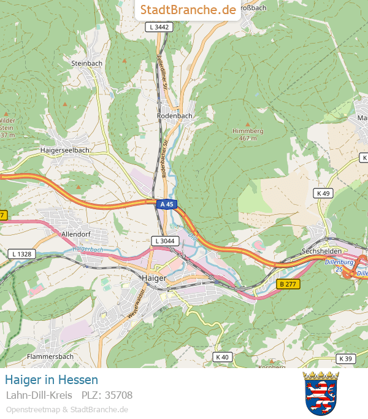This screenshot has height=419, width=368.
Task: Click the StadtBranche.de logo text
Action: click(x=188, y=10)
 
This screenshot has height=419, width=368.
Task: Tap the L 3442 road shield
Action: click(x=158, y=28)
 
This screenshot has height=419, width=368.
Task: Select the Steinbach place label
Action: click(x=86, y=63)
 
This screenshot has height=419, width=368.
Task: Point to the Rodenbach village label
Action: click(x=175, y=115)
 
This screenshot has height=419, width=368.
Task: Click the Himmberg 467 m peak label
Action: click(x=248, y=134)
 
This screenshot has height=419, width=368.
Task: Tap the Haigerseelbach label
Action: click(x=64, y=150)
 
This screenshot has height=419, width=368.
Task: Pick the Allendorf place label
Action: click(x=77, y=234)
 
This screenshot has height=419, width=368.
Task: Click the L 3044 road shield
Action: click(x=164, y=241)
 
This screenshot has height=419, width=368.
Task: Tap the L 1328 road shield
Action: click(x=21, y=253)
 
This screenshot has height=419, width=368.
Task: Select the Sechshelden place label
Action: click(x=321, y=252)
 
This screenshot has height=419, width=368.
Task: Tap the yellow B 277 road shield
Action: click(x=288, y=284)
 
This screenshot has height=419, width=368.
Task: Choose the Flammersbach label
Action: click(x=50, y=356)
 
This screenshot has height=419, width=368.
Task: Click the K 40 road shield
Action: click(x=221, y=357)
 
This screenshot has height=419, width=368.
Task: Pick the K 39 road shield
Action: click(x=346, y=358)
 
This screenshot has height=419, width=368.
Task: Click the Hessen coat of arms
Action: click(x=321, y=393)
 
